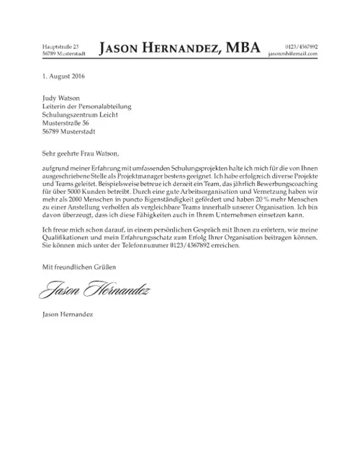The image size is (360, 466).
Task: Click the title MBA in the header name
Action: tap(242, 49)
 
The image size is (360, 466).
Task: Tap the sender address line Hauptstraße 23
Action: tap(60, 46)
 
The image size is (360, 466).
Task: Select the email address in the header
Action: tap(292, 54)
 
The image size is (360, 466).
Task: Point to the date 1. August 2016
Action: tap(64, 76)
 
